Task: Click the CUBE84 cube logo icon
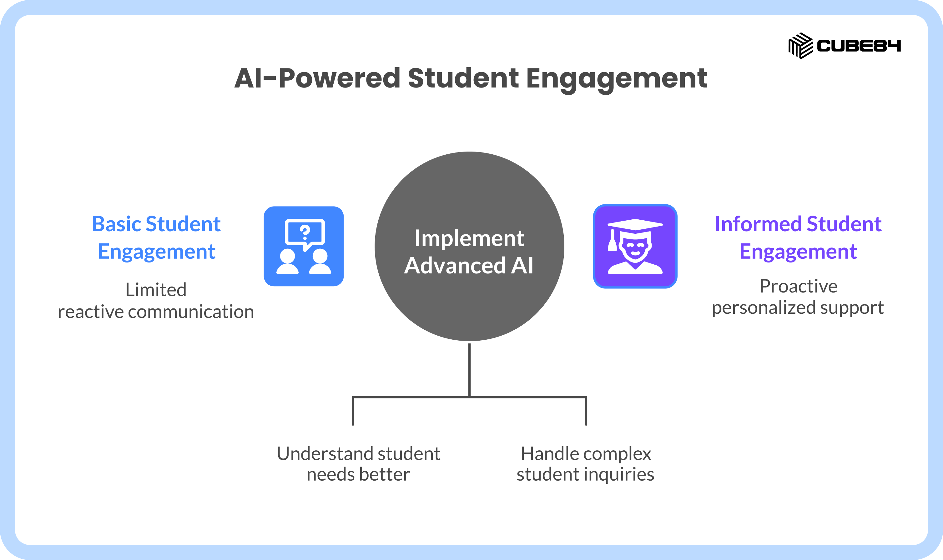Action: click(x=800, y=46)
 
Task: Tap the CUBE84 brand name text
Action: click(x=859, y=46)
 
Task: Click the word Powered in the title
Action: click(x=339, y=78)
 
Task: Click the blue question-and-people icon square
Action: click(x=304, y=246)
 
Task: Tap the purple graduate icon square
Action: click(x=635, y=246)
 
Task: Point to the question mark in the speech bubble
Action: click(x=305, y=232)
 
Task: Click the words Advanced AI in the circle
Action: click(x=469, y=265)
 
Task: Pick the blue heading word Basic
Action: click(x=116, y=224)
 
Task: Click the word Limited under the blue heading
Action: click(x=156, y=290)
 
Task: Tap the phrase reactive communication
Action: click(x=156, y=312)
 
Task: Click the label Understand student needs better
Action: click(x=358, y=464)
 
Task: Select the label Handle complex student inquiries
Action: click(x=586, y=464)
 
